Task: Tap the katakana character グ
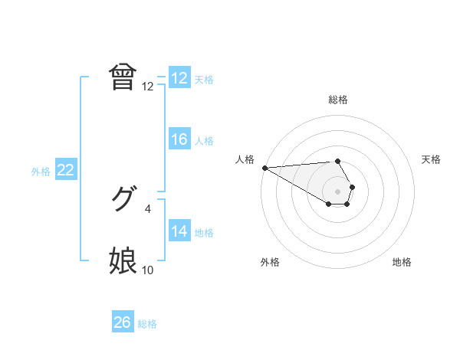click(x=123, y=200)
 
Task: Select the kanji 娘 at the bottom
click(x=123, y=261)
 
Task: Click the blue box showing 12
click(x=179, y=78)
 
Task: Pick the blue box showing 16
click(x=179, y=139)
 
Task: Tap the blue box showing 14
click(x=179, y=231)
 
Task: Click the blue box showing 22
click(x=65, y=170)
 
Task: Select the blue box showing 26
click(x=122, y=322)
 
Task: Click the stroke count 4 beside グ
click(x=148, y=208)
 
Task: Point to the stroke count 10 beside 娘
click(x=148, y=270)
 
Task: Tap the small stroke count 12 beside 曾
click(x=148, y=87)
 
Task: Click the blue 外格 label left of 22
click(x=41, y=172)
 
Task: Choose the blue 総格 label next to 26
click(x=147, y=324)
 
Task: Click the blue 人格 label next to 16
click(x=204, y=141)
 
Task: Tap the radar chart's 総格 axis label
click(x=338, y=100)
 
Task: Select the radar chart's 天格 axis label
click(x=431, y=159)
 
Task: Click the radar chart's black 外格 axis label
click(x=270, y=262)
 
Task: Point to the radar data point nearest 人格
click(x=264, y=168)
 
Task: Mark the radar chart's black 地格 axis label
click(x=402, y=262)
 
